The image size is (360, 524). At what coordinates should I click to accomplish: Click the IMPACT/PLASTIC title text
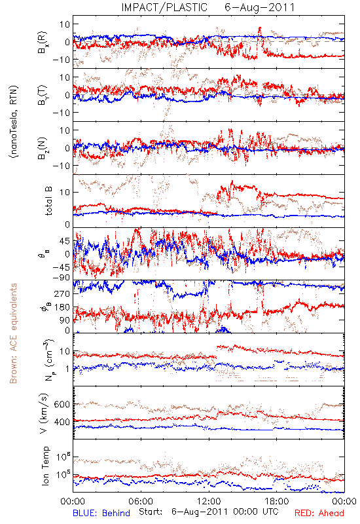coord(164,7)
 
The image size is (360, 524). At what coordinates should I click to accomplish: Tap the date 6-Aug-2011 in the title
coord(260,7)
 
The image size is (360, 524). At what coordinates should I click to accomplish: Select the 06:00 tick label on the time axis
coord(141,501)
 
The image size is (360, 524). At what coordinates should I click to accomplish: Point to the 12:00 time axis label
coord(209,501)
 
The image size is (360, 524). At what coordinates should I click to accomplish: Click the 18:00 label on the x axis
coord(277,501)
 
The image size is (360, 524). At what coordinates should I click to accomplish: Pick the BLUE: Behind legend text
coord(101,513)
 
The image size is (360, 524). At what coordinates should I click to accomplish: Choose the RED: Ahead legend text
coord(319,513)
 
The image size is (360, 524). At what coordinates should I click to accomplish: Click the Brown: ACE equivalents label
coord(13,333)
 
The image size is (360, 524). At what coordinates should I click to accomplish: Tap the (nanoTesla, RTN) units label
coord(14,121)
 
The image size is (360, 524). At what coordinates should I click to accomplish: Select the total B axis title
coord(48,201)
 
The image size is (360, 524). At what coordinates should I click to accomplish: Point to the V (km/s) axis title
coord(44,413)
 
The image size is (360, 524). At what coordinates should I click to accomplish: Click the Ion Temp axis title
coord(45,466)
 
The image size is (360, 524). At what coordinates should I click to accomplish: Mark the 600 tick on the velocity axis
coord(62,404)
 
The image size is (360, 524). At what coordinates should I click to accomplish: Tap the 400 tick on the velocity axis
coord(62,422)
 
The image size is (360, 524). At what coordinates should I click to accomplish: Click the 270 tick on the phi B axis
coord(62,293)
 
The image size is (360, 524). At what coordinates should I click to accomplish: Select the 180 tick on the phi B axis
coord(62,307)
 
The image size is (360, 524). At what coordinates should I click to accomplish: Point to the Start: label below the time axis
coord(151,512)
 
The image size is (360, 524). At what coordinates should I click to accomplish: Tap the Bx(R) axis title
coord(43,42)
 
